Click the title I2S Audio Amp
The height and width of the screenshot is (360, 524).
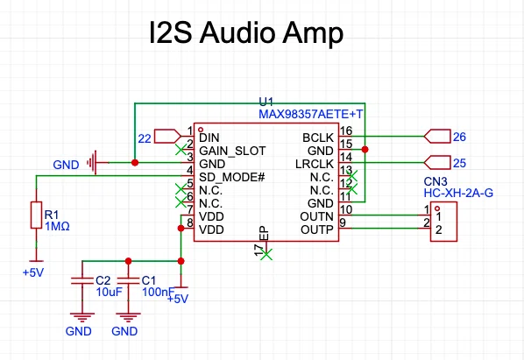coord(246,32)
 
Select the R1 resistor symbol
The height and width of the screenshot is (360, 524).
coord(37,215)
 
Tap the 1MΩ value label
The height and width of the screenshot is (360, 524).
coord(57,226)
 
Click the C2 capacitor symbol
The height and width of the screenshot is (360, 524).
coord(82,281)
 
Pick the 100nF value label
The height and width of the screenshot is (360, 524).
coord(158,292)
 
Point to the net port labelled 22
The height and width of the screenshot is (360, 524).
coord(167,137)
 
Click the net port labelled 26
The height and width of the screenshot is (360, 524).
coord(437,137)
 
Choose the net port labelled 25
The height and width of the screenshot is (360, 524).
coord(437,163)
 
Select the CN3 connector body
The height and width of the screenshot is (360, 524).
coord(443,222)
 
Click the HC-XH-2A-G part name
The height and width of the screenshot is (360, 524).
coord(458,193)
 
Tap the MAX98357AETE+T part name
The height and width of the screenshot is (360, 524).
coord(310,114)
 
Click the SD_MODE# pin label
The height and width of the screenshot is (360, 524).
coord(231,177)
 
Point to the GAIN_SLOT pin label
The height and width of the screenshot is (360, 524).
coord(232,151)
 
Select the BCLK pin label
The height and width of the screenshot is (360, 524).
coord(318,138)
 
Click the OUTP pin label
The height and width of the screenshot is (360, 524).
coord(317,229)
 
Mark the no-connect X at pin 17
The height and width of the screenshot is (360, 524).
coord(266,255)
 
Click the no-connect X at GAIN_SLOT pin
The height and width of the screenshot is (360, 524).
coord(181,150)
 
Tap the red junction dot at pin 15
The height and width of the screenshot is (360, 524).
coord(365,149)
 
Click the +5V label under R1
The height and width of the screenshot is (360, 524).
coord(33,272)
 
